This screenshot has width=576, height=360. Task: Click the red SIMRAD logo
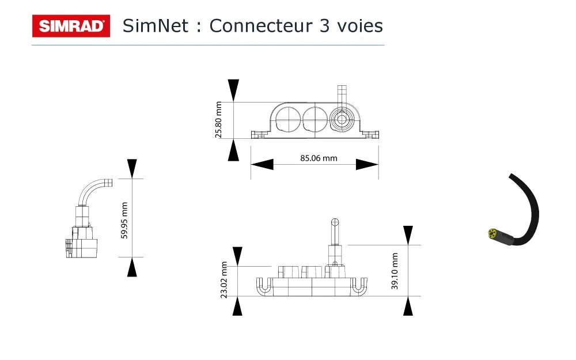pos(71,26)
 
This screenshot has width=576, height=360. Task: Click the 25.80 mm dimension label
pos(219,120)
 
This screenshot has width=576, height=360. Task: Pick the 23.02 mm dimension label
pos(225,280)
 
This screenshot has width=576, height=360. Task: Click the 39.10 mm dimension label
pos(395,271)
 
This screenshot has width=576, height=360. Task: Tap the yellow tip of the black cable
pos(492,233)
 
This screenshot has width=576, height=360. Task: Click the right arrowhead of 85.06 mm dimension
pos(367,165)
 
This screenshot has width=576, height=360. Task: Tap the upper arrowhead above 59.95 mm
pos(132,168)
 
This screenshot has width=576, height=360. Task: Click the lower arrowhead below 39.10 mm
pos(408,306)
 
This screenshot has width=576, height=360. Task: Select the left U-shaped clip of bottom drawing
pos(264,286)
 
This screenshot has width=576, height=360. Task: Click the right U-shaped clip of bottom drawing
pos(359,286)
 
